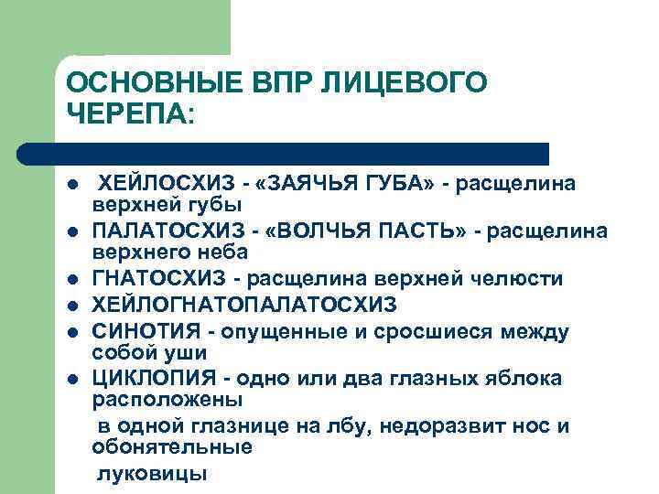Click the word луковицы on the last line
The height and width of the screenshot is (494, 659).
(153, 473)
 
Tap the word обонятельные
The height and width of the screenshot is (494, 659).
(172, 448)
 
